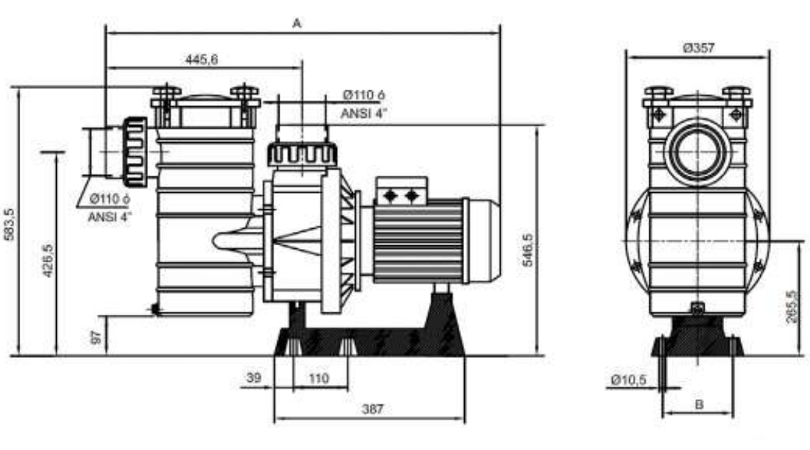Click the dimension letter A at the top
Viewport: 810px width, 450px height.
[x=296, y=23]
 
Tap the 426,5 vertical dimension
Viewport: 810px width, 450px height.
[x=48, y=259]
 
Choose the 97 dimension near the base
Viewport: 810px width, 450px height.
[x=96, y=336]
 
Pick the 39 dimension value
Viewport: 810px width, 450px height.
[x=255, y=378]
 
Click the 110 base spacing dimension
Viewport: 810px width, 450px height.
[x=319, y=378]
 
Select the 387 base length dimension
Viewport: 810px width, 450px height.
[x=371, y=409]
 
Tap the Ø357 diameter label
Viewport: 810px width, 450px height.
[x=699, y=47]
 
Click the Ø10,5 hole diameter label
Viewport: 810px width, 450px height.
[x=628, y=380]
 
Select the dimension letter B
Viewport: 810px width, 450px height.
[x=699, y=404]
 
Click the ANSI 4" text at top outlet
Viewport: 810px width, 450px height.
[x=363, y=114]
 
